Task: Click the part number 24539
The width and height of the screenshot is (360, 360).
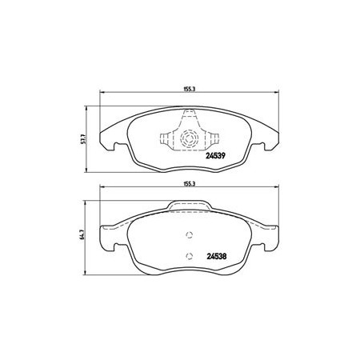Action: coord(215,155)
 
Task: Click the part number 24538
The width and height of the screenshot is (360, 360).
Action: coord(217,256)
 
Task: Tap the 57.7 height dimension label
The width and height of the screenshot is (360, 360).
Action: coord(82,139)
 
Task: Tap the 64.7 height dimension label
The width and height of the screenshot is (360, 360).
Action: coord(82,235)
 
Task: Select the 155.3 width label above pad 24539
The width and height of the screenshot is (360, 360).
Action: coord(189,90)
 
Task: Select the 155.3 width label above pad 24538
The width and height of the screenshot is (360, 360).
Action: coord(189,184)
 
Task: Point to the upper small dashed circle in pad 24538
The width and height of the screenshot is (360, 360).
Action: coord(189,235)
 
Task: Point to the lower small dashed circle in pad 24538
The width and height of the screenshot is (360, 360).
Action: coord(189,256)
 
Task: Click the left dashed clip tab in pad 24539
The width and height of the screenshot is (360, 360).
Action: coord(166,138)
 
